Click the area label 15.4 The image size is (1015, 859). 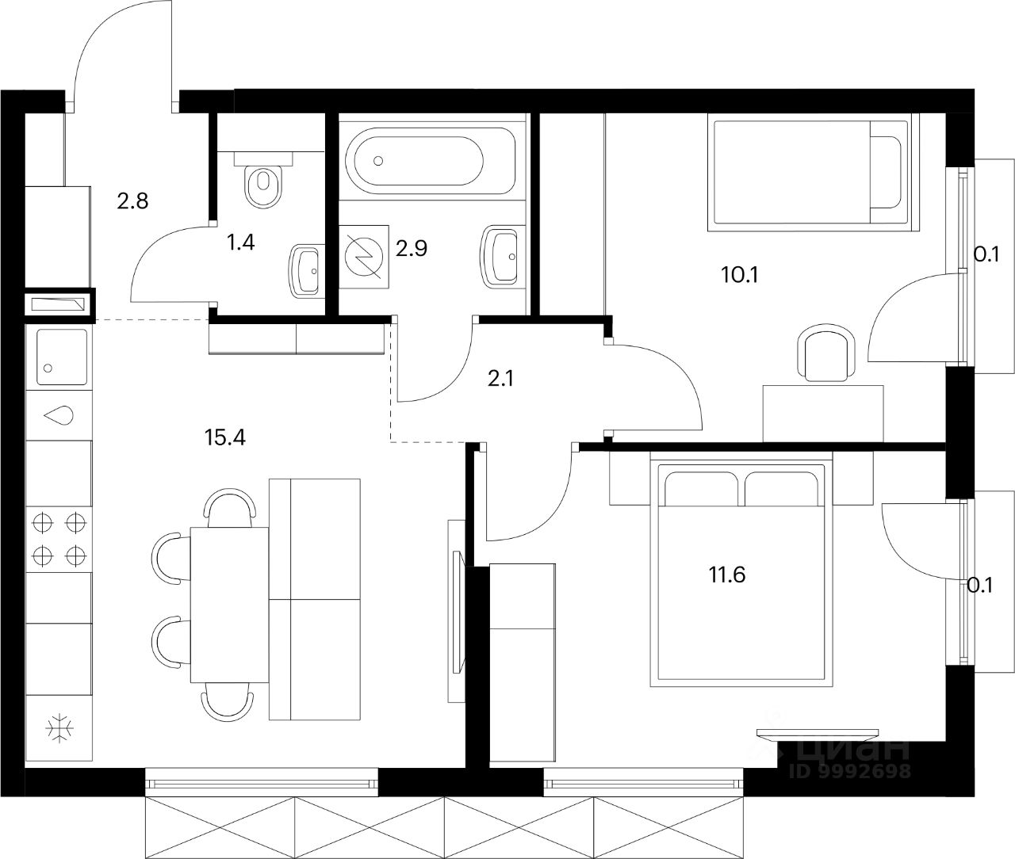pyautogui.click(x=225, y=437)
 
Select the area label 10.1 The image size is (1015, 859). pyautogui.click(x=739, y=275)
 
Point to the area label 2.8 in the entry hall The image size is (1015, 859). pyautogui.click(x=132, y=200)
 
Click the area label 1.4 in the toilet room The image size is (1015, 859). pyautogui.click(x=240, y=242)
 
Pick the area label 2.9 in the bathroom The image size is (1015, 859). pyautogui.click(x=412, y=249)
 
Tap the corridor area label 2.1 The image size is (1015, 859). pyautogui.click(x=500, y=380)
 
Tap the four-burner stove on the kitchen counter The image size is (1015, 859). pyautogui.click(x=58, y=536)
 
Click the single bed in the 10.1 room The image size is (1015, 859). pyautogui.click(x=809, y=174)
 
